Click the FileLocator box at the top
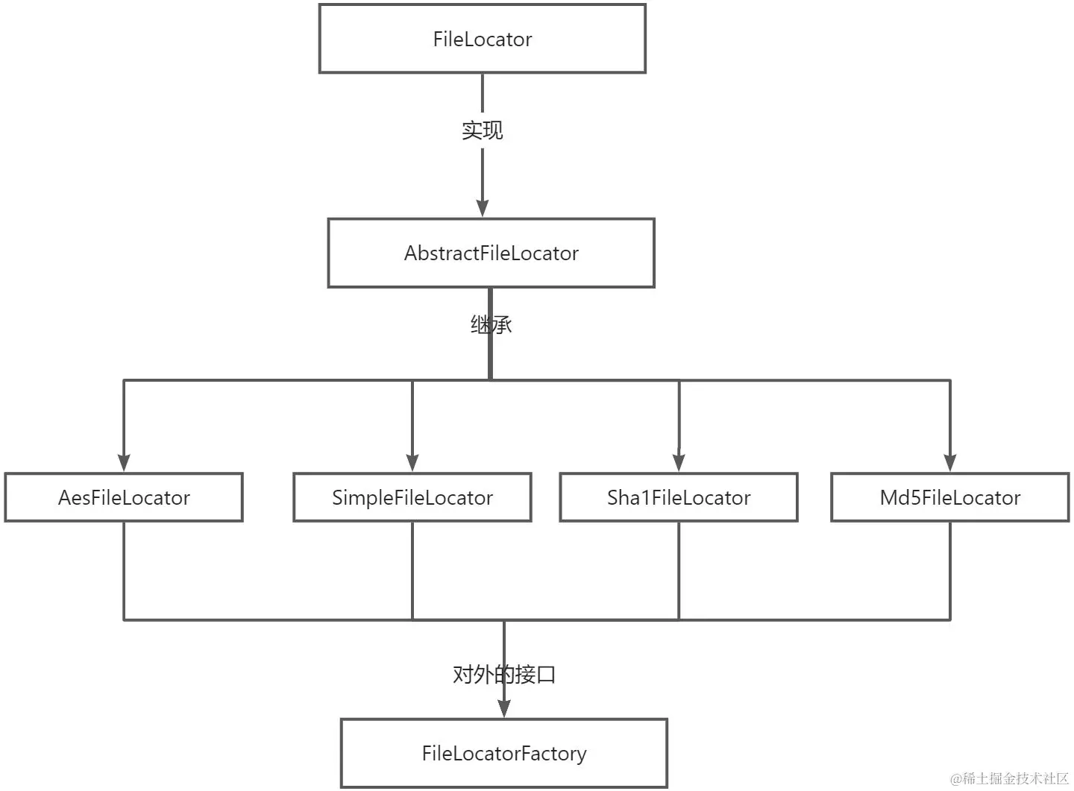click(482, 39)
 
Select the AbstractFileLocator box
click(491, 253)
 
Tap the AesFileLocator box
click(124, 497)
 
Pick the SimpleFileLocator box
click(412, 497)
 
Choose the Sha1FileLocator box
click(679, 497)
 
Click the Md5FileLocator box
click(949, 497)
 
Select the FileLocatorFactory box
click(503, 753)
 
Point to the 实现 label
click(482, 130)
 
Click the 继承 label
click(491, 325)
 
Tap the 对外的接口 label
click(504, 675)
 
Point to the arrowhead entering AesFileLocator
click(124, 462)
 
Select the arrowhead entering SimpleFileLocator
click(412, 462)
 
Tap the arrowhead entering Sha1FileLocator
click(679, 462)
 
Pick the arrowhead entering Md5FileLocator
click(949, 462)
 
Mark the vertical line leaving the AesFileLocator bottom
click(124, 570)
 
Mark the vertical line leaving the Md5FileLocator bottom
click(949, 570)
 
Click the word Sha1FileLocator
click(679, 497)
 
